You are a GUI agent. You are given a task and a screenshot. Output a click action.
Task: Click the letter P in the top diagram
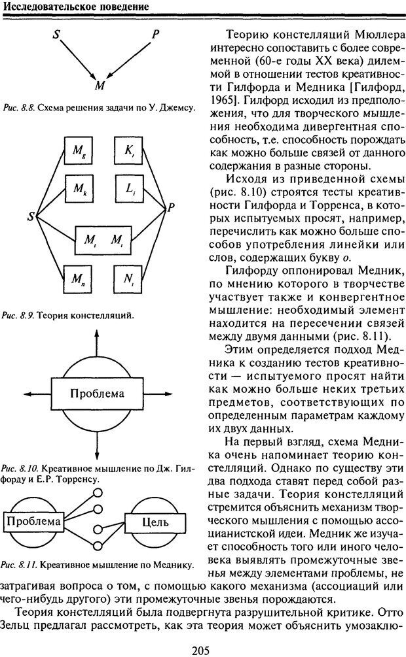pos(155,34)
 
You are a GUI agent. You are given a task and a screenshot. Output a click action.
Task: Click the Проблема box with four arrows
pos(97,394)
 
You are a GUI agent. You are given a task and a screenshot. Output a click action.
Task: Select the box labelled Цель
pos(155,522)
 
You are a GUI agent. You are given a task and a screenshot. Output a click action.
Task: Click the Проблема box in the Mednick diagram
pos(34,522)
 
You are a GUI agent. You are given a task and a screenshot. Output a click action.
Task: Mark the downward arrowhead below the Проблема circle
pos(97,457)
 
